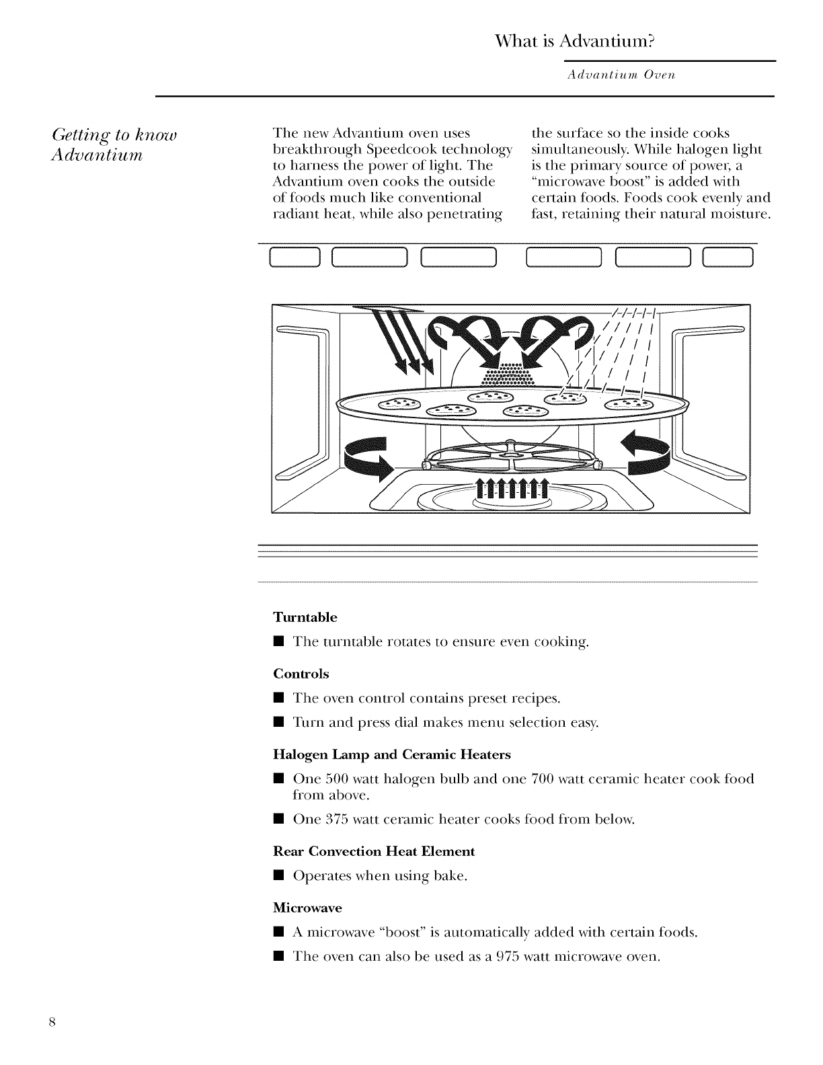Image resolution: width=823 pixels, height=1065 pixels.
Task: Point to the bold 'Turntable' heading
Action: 305,617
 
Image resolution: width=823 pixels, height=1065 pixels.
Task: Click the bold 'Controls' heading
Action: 301,674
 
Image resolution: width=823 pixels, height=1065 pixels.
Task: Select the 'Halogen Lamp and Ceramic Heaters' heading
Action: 392,754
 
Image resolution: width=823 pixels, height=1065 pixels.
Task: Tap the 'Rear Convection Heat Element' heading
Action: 373,851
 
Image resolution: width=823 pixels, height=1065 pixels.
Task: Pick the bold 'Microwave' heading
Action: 307,908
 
